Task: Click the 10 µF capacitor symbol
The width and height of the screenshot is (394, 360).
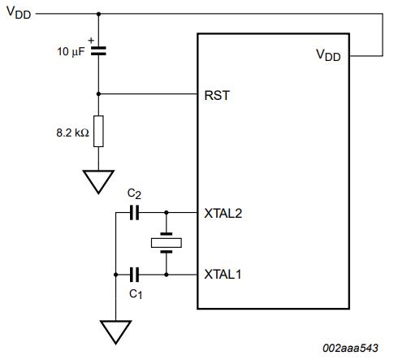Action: click(x=98, y=51)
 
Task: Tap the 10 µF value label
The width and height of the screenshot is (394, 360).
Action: click(x=71, y=51)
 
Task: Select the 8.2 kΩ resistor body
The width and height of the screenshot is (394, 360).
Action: click(x=98, y=132)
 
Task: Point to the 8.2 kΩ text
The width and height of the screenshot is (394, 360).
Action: click(x=72, y=132)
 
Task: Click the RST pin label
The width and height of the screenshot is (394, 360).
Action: click(x=217, y=95)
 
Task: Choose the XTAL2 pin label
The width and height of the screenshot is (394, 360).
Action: click(x=223, y=214)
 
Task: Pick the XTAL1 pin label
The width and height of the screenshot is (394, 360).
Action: click(x=223, y=275)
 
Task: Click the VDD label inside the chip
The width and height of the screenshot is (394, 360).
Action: click(x=328, y=55)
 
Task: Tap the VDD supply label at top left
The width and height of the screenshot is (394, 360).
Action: click(x=19, y=12)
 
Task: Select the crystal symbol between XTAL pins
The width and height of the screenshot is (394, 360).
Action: click(x=167, y=243)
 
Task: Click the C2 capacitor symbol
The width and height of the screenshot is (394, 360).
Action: click(x=134, y=212)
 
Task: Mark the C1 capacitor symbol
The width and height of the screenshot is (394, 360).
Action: click(x=134, y=275)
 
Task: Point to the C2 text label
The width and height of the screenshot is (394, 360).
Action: click(x=134, y=194)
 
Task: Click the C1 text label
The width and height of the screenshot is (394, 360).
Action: click(x=136, y=294)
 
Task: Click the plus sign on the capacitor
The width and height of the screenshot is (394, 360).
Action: click(x=91, y=41)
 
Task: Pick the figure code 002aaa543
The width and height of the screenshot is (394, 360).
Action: click(x=350, y=348)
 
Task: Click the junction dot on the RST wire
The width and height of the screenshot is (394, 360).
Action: click(x=98, y=94)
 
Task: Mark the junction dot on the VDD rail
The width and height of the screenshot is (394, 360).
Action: click(x=98, y=14)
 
